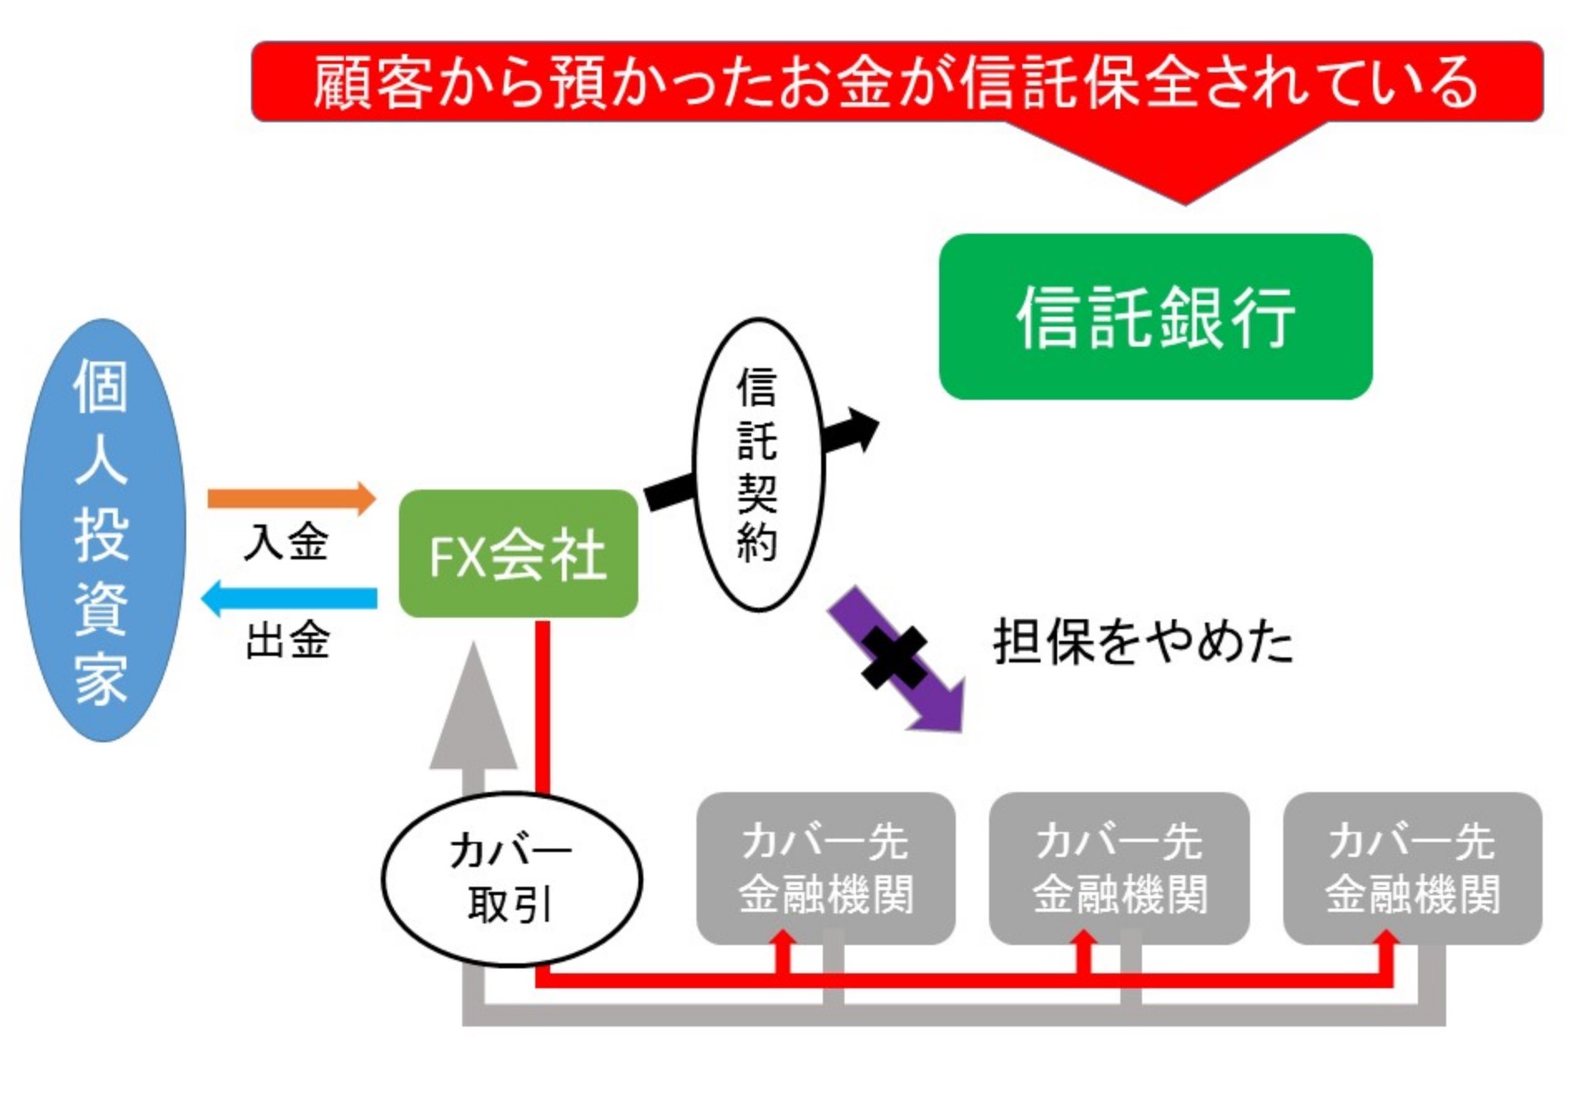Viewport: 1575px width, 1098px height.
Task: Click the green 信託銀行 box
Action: click(x=1154, y=317)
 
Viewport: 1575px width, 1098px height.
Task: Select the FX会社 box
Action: click(x=518, y=554)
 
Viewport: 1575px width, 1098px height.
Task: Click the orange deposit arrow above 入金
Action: click(x=290, y=498)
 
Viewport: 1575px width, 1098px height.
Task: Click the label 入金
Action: click(x=286, y=543)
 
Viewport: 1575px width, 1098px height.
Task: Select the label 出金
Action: click(x=288, y=641)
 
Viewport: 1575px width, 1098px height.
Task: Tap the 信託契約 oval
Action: click(x=757, y=465)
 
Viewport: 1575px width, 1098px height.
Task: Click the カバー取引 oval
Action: click(x=511, y=879)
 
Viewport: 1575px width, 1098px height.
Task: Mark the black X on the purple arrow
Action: click(x=893, y=657)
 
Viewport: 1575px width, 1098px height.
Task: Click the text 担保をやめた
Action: click(x=1143, y=642)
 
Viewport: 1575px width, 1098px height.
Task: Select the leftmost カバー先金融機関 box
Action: click(x=825, y=867)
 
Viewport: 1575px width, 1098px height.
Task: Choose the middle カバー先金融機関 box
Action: click(x=1119, y=867)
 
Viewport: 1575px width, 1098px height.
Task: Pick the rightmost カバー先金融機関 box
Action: click(x=1412, y=867)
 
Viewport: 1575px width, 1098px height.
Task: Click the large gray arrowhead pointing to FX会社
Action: click(x=473, y=715)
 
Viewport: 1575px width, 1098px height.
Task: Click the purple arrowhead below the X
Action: click(x=939, y=707)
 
